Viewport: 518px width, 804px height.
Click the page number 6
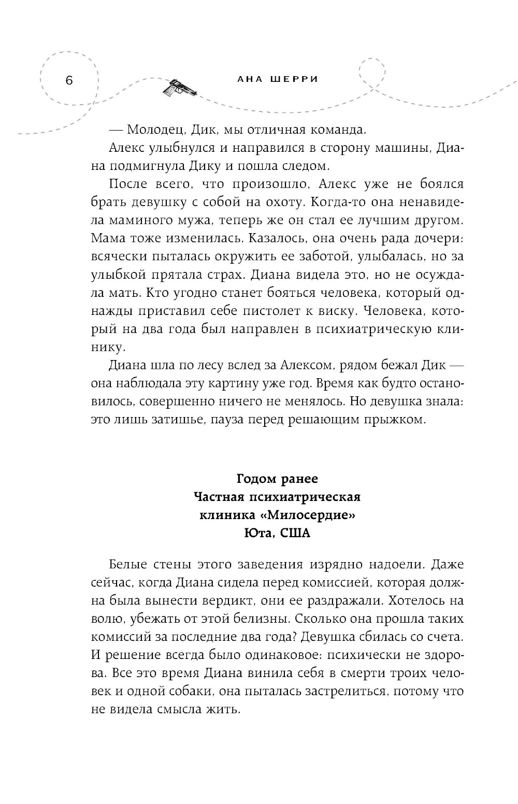pos(68,81)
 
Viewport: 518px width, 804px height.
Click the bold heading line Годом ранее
pos(277,478)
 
